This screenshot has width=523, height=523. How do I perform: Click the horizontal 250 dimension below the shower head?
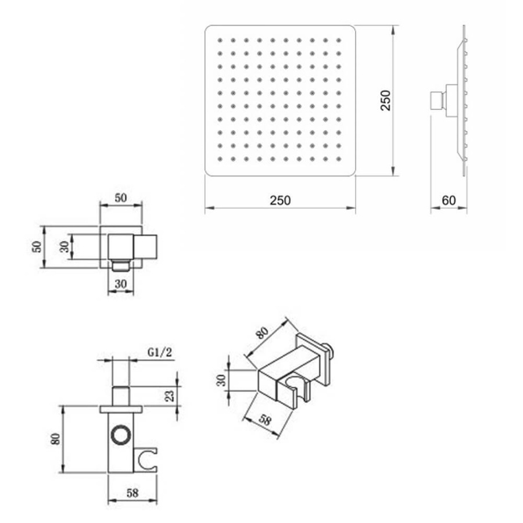point(280,200)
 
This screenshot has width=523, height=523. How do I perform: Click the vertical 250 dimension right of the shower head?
point(386,101)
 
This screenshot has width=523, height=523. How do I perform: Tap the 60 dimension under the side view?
point(449,200)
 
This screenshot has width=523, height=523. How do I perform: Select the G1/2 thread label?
point(160,352)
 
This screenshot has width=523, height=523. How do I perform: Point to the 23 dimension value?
point(170,396)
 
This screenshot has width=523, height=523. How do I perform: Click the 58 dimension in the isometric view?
point(264,420)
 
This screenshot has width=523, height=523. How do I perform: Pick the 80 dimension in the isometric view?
point(262,332)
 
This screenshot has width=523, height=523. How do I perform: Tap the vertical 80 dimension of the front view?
point(55,439)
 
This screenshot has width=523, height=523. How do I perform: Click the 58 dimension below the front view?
point(132,493)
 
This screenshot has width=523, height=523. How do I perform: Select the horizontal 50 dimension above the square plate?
point(121,198)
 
